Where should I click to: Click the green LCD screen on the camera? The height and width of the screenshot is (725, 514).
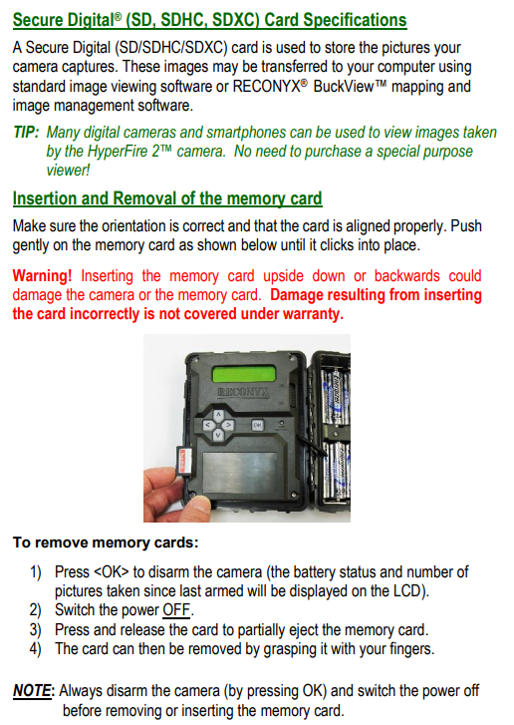(244, 374)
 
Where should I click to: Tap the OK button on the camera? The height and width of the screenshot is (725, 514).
(257, 425)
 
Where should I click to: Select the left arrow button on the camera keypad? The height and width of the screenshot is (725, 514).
(208, 425)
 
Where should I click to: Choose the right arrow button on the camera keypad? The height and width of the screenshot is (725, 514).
(228, 425)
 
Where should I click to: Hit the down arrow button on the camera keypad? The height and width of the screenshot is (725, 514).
(218, 434)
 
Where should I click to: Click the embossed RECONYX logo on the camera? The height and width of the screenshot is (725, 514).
(243, 393)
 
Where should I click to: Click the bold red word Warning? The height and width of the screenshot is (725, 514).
(42, 276)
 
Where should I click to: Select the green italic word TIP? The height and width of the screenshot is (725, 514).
(26, 133)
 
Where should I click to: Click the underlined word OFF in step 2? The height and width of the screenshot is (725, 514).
(176, 610)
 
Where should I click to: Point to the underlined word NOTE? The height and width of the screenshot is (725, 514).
(32, 691)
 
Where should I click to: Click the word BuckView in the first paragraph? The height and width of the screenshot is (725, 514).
(343, 87)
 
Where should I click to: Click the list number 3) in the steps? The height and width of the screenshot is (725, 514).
(36, 629)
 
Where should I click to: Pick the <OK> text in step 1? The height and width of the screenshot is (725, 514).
(112, 572)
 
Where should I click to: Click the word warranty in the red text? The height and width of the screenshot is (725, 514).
(313, 314)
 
